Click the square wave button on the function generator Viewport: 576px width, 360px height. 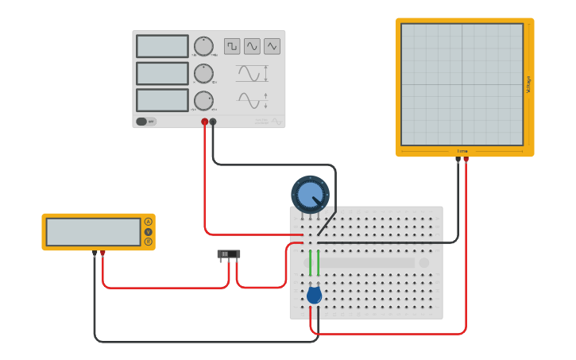coord(232,46)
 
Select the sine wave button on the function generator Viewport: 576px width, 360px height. coord(252,46)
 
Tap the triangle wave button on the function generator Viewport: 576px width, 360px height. coord(273,46)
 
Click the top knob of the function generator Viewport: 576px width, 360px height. coord(203,46)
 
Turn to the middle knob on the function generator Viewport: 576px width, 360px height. coord(203,73)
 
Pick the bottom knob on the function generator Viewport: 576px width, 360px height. coord(203,100)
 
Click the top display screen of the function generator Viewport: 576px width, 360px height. coord(162,46)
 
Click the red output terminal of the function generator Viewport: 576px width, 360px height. coord(204,122)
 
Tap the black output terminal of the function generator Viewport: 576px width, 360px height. coord(213,122)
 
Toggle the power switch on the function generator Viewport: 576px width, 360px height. coord(143,122)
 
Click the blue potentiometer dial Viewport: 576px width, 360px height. coord(310,194)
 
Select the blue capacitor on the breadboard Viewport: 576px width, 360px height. coord(314,296)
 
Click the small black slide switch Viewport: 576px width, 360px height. coord(229,254)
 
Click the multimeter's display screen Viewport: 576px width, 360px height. coord(93,232)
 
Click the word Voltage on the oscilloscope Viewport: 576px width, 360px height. coord(528,84)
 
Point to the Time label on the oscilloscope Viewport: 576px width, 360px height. coord(462,151)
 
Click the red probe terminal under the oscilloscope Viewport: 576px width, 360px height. coord(466,160)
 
